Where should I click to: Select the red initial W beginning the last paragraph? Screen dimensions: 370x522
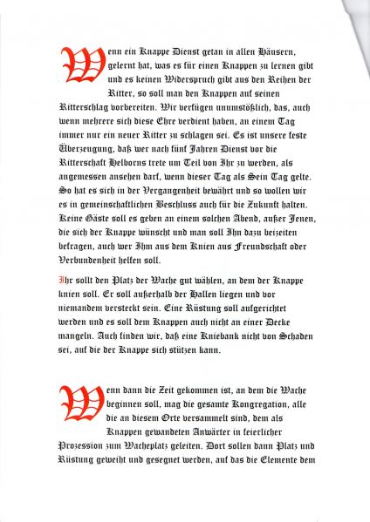coord(74,400)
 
